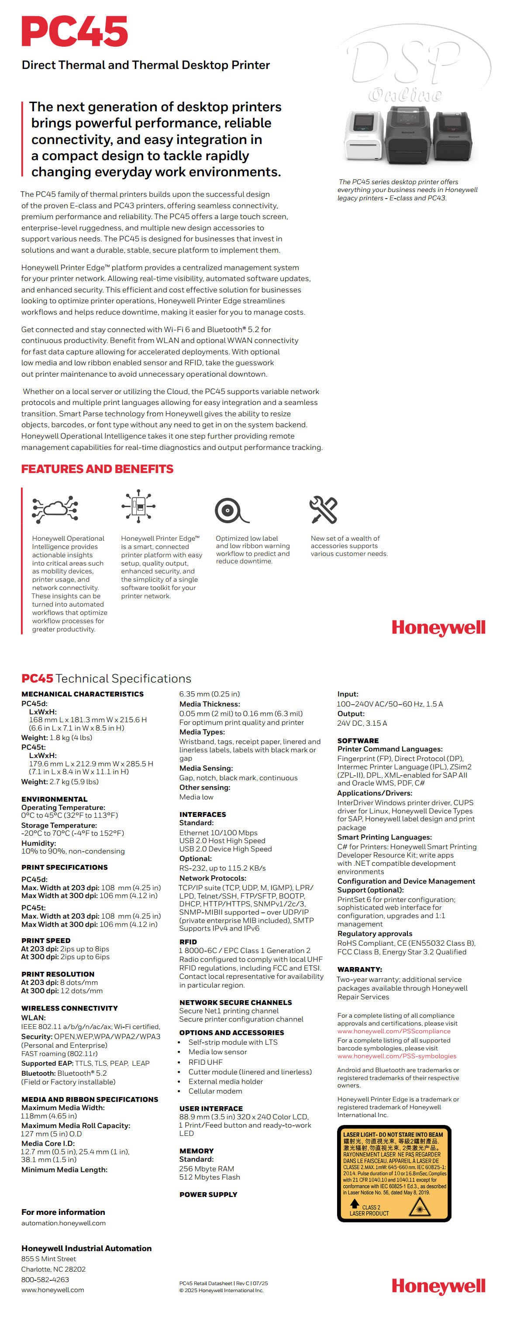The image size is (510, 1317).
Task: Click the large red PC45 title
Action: (75, 32)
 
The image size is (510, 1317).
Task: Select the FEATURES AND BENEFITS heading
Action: (97, 469)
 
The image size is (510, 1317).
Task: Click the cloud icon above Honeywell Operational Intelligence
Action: (55, 509)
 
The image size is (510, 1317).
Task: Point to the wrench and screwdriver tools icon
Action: (323, 509)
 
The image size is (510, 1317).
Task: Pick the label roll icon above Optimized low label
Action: (231, 510)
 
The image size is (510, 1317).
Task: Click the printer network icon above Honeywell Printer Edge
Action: (138, 506)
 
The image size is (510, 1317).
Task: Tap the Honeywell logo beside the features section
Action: (438, 628)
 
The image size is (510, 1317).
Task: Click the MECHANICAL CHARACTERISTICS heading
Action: (83, 694)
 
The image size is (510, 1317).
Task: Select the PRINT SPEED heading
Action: (46, 940)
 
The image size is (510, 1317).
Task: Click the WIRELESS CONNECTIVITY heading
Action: (69, 1008)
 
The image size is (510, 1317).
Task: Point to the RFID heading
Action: (188, 941)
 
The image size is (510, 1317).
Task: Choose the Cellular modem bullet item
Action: (215, 1091)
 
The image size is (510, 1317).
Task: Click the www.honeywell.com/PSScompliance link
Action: (393, 1031)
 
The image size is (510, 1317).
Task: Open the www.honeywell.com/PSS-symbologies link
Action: (396, 1056)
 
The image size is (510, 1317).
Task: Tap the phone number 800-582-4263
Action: (45, 1279)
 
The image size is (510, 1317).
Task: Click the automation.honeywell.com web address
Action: (63, 1223)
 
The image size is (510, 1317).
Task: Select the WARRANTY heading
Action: (360, 969)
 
